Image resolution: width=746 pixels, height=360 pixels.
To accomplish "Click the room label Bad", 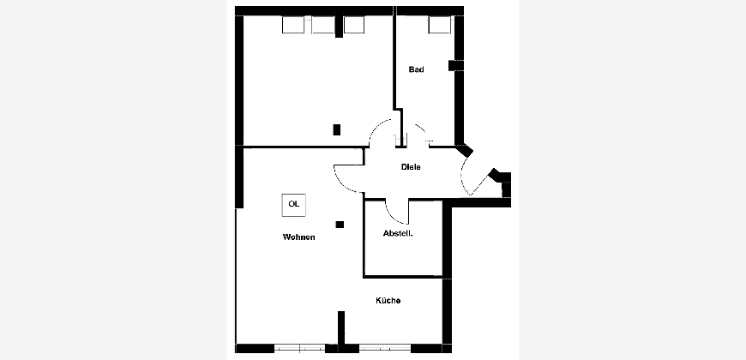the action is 416,69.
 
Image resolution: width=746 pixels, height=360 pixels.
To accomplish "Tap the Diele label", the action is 411,167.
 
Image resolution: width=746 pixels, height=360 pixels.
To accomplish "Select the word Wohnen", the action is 298,237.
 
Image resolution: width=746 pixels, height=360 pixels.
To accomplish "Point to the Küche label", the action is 388,301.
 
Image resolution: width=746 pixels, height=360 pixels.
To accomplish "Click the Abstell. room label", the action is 398,233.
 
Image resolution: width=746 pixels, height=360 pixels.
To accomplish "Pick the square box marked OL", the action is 294,205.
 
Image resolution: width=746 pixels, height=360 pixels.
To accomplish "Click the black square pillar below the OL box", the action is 340,225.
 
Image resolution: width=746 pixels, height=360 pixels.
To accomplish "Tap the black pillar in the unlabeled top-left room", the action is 337,129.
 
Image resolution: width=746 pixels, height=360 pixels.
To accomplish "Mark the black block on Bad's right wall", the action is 454,66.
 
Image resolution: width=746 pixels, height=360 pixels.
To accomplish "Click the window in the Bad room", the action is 439,25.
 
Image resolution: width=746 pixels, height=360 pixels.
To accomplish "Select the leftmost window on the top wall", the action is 293,25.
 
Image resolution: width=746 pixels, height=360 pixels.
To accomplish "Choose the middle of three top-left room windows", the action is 323,25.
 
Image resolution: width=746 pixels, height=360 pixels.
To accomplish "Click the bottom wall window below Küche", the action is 385,349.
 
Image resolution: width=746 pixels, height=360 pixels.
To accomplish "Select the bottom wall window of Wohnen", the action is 300,349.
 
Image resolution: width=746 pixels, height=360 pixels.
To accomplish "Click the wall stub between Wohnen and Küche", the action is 341,327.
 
